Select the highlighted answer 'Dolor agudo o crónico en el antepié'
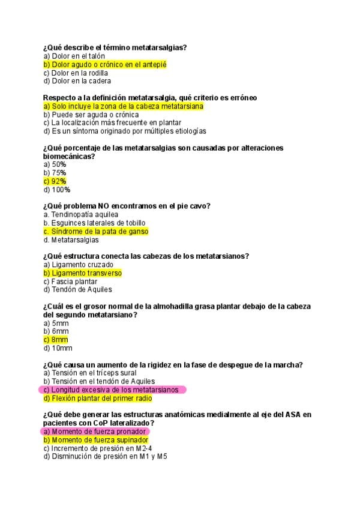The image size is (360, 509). (x=104, y=64)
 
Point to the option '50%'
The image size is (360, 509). (x=55, y=164)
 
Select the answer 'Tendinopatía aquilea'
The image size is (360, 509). (x=81, y=214)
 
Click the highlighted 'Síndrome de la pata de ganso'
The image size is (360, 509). (x=96, y=231)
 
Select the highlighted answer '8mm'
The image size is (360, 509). (x=56, y=340)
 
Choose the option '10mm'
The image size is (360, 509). (x=58, y=348)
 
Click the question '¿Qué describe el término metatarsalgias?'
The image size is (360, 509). (x=115, y=47)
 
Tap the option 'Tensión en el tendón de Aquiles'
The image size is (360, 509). (x=99, y=381)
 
